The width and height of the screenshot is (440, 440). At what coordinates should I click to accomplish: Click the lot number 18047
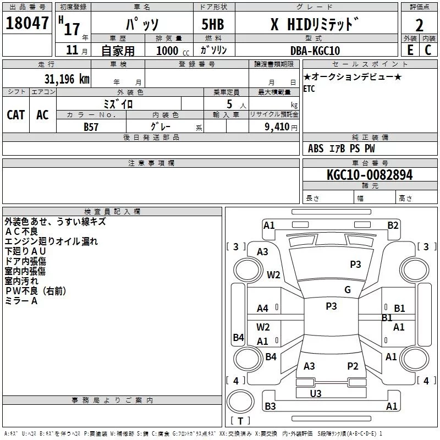(27, 24)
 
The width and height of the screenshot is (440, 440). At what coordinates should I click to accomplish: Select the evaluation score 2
(420, 25)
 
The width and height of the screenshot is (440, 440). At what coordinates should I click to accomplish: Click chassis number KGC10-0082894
(369, 175)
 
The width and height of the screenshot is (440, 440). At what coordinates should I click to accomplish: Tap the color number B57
(91, 127)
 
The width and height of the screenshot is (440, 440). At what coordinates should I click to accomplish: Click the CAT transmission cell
(16, 114)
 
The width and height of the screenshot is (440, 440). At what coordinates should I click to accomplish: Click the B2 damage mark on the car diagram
(393, 225)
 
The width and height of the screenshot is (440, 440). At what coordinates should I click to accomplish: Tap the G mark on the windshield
(348, 290)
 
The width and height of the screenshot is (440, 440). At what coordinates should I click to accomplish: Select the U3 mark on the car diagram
(316, 393)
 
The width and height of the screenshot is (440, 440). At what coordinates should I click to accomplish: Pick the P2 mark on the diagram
(353, 366)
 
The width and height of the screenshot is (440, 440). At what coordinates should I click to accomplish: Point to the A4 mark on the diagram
(263, 309)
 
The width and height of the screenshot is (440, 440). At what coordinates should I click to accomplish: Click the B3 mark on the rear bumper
(270, 406)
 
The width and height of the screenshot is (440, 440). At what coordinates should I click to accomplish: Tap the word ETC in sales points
(309, 89)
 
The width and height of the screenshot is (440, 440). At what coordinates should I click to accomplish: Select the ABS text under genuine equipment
(316, 148)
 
